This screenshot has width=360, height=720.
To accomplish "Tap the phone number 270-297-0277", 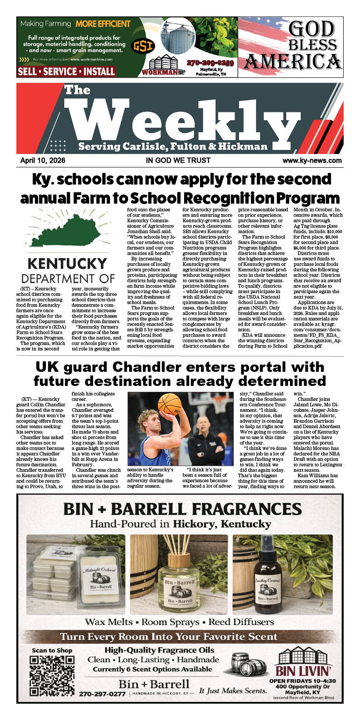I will [x=102, y=694].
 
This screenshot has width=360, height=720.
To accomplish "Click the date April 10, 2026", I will [x=43, y=160].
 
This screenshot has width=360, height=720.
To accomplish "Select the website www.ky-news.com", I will [x=312, y=160].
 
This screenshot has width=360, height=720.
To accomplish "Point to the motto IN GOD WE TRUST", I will [x=178, y=160].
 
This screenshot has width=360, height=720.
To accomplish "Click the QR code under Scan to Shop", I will [x=51, y=676].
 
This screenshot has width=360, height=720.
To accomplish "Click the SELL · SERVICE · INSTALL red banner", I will [x=66, y=71].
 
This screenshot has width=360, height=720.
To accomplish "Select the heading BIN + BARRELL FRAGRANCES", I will [x=182, y=509].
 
